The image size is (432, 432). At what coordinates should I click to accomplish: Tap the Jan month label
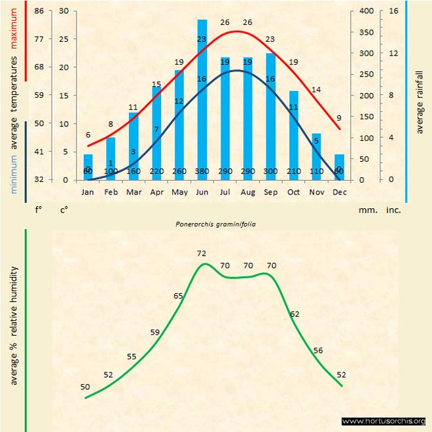[88, 192]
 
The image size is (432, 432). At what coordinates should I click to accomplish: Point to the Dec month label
[339, 192]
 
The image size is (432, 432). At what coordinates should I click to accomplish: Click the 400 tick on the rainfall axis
[367, 11]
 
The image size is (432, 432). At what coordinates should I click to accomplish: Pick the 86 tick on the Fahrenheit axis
[39, 11]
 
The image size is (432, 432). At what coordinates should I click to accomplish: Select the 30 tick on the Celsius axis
[63, 11]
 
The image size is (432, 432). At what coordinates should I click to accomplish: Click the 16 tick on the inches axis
[393, 11]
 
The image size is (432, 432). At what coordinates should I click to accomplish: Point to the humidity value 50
[85, 387]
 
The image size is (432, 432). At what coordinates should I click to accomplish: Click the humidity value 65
[178, 297]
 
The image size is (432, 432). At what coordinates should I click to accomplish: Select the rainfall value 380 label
[202, 171]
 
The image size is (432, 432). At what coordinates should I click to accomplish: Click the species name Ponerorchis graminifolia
[215, 223]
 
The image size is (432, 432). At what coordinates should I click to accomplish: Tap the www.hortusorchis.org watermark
[384, 421]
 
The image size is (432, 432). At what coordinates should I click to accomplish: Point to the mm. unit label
[367, 211]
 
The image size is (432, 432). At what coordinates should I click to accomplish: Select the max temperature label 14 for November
[316, 90]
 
